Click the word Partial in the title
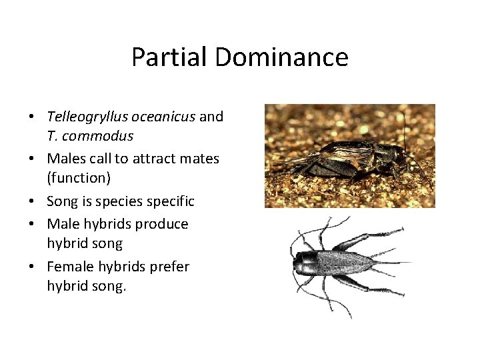[169, 57]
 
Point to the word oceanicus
[163, 117]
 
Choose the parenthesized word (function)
[78, 178]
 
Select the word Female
[69, 267]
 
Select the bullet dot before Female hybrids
[32, 267]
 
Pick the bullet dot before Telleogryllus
[32, 117]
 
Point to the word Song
[63, 201]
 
